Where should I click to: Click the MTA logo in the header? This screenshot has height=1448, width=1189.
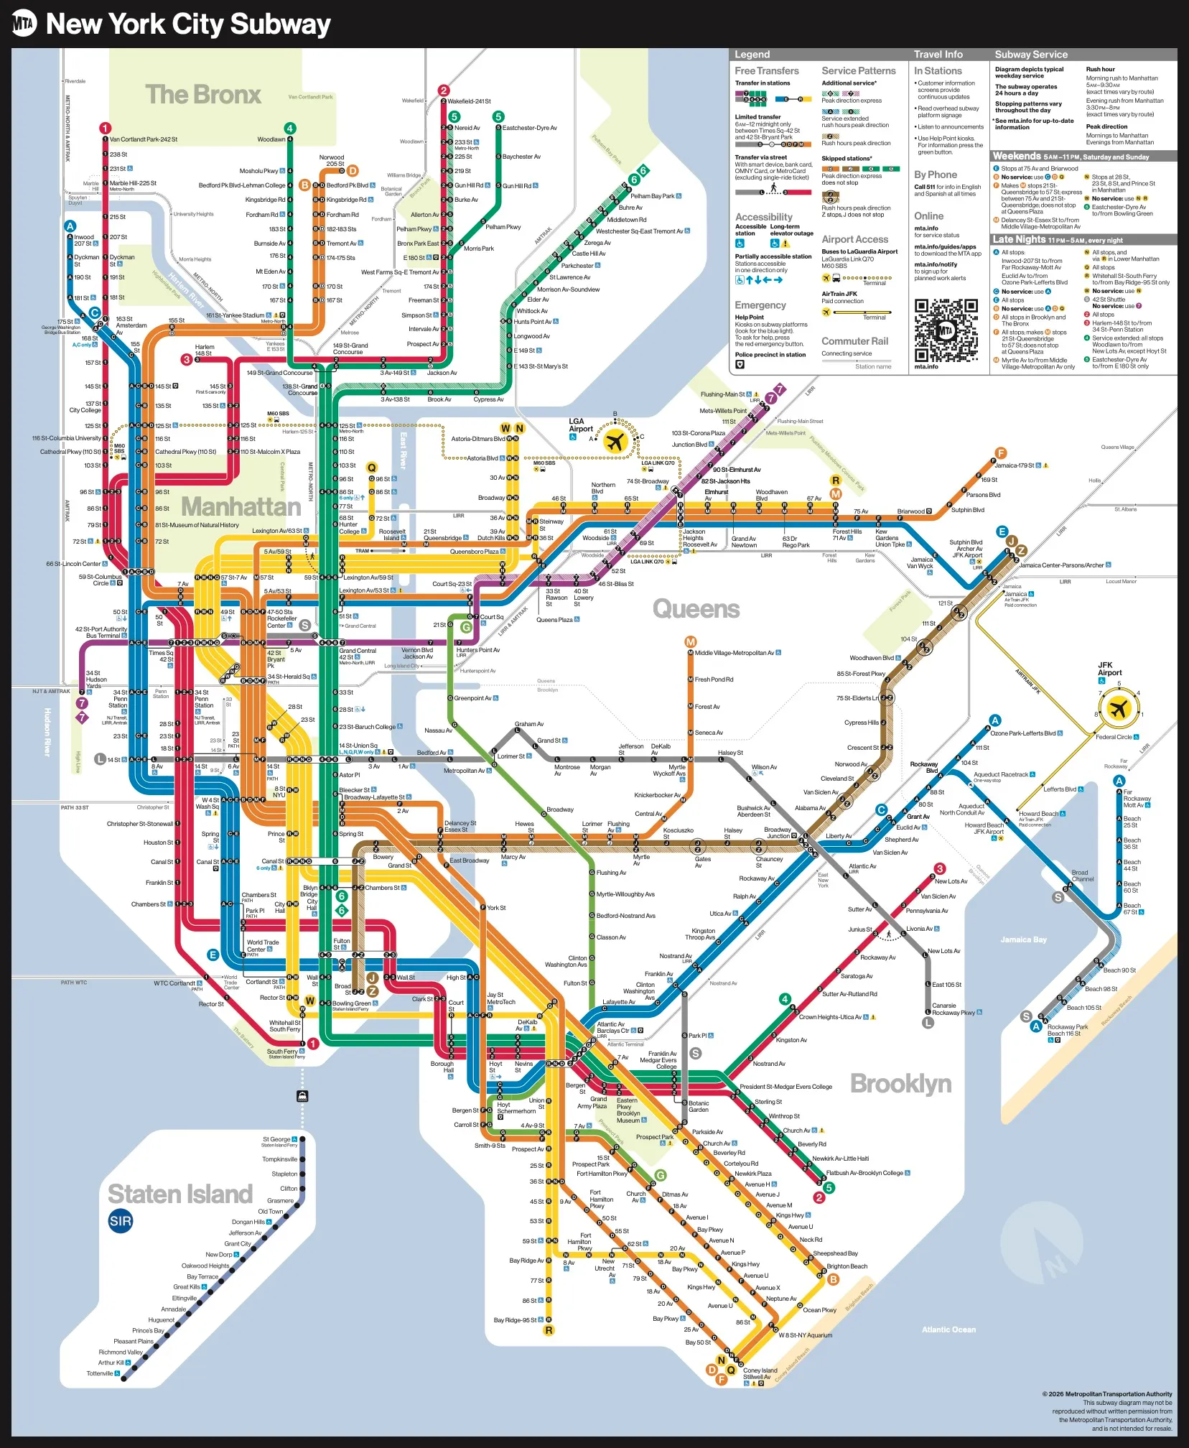[x=24, y=24]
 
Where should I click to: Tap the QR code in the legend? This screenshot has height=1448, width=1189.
[x=946, y=330]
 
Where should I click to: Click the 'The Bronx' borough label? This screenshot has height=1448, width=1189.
[x=203, y=95]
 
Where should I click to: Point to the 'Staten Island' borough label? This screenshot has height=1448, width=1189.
[x=180, y=1194]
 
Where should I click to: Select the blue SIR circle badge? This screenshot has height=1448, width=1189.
[x=121, y=1221]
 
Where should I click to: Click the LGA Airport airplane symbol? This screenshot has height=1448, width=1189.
[x=615, y=442]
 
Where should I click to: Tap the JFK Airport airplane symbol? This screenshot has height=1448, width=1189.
[x=1118, y=709]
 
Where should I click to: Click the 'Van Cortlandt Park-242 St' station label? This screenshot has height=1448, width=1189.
[x=144, y=139]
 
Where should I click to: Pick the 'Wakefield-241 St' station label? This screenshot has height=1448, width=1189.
[x=470, y=101]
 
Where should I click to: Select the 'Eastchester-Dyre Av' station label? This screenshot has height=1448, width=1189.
[x=529, y=128]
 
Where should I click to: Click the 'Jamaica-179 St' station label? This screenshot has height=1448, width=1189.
[x=1014, y=465]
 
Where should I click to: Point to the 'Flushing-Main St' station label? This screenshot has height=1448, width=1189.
[x=722, y=394]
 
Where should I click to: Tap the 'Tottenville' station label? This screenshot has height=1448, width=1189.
[x=100, y=1373]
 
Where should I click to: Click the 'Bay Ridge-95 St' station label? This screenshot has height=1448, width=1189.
[x=515, y=1320]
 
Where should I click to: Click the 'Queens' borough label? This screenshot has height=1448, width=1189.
[x=696, y=609]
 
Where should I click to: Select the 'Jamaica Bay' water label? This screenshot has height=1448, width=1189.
[x=1023, y=939]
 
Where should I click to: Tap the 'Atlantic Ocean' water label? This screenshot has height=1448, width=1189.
[x=948, y=1330]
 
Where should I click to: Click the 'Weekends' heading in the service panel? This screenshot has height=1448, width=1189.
[x=1016, y=156]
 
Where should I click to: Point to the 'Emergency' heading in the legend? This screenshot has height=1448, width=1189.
[x=760, y=305]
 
